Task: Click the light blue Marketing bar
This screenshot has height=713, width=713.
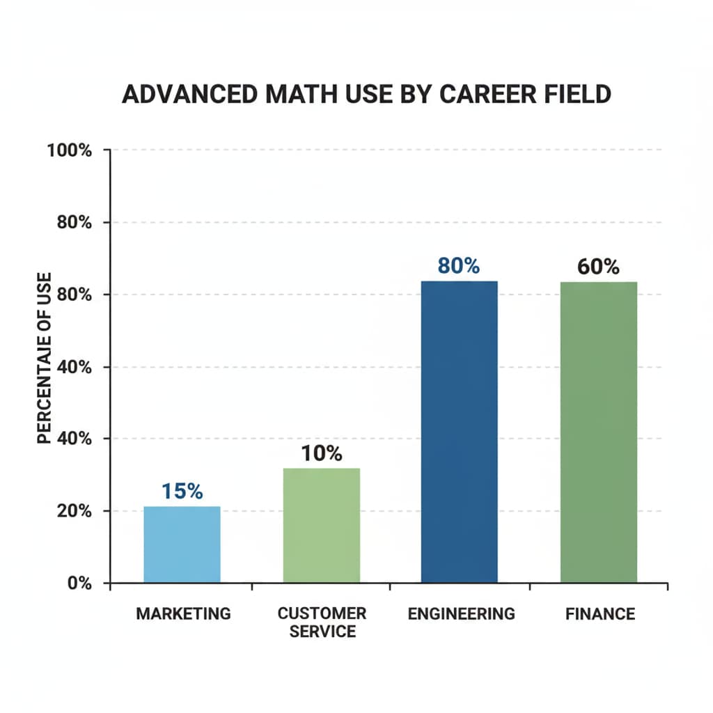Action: [182, 544]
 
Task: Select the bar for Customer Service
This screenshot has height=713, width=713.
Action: [321, 525]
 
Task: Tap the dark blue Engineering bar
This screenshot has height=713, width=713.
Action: [460, 432]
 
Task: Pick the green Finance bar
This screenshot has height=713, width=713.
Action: [599, 432]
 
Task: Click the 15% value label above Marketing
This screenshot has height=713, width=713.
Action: [182, 491]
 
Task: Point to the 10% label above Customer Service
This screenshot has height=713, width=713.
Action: [322, 454]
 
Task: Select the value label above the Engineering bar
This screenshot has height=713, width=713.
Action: [459, 266]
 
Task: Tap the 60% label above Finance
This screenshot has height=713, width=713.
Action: [599, 267]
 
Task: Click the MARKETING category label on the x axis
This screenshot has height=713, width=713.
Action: [183, 613]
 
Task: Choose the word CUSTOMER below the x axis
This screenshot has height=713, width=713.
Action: [322, 613]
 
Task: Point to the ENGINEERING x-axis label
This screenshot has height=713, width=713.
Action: [461, 613]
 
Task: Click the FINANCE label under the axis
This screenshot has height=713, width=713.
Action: [600, 613]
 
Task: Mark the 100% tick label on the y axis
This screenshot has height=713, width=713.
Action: [70, 150]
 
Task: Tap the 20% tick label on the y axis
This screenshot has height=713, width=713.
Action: [73, 511]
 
